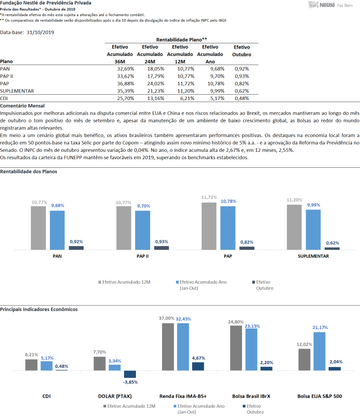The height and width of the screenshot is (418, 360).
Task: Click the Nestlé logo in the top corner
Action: coord(331,5)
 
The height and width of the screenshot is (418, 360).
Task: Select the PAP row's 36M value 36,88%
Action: coord(125,84)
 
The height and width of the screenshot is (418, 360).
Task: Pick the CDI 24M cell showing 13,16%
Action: coord(156,98)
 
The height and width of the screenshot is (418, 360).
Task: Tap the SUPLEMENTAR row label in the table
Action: coord(17,91)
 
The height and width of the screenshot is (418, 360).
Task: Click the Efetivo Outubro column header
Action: coord(242,51)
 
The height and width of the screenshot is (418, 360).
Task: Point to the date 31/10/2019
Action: coord(40,32)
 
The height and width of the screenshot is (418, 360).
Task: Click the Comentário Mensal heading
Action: coord(22,106)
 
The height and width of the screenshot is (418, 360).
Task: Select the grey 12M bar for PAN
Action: coord(38,228)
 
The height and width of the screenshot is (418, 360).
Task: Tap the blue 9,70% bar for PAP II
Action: coord(142,230)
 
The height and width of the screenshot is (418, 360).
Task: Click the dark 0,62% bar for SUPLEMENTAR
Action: coord(332,249)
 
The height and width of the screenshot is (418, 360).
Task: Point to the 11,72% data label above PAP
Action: coord(209,197)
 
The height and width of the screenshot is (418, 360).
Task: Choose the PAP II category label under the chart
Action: coord(142,256)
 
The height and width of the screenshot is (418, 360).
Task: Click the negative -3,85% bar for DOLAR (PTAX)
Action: coord(130,374)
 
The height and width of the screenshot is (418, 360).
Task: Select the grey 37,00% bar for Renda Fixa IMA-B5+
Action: coord(168,347)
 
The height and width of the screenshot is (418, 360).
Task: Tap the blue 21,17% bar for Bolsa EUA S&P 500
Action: coord(319,351)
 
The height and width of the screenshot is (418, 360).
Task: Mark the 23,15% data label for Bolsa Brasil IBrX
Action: coord(252,326)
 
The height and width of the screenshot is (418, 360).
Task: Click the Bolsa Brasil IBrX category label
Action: coord(251,396)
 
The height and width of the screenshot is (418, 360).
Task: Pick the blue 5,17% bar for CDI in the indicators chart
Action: coord(47,366)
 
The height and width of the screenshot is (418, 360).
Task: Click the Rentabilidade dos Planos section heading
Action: coord(29,171)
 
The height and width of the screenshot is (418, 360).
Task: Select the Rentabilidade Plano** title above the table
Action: coord(182,40)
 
